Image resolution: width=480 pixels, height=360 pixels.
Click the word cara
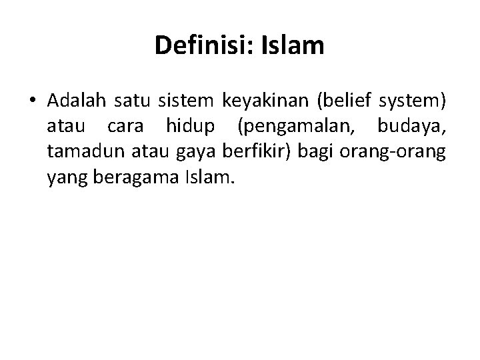coord(123,127)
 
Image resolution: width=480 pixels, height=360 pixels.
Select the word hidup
coord(189,127)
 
